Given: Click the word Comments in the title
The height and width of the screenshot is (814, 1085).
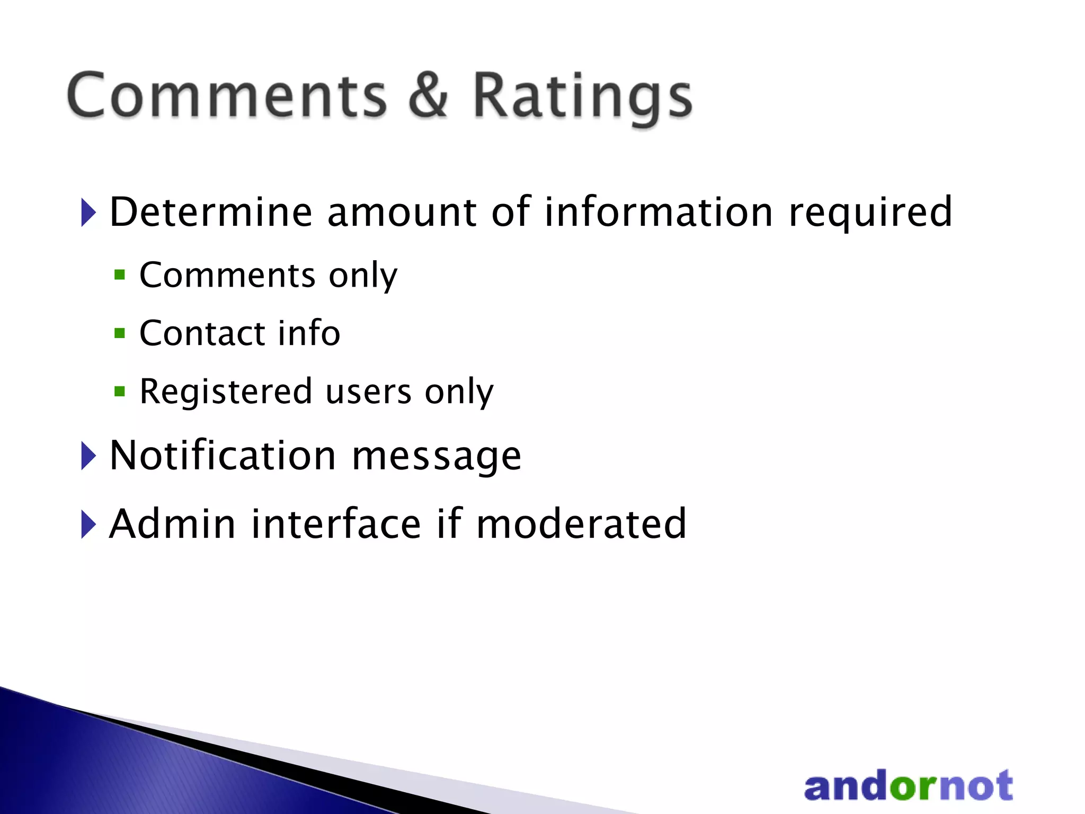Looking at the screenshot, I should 227,95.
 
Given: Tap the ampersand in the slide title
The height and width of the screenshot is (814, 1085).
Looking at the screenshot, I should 428,95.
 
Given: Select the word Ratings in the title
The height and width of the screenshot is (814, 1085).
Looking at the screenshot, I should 582,98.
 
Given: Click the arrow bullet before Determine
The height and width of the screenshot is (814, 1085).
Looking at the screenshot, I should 88,213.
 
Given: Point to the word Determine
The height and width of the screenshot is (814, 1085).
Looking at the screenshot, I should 211,212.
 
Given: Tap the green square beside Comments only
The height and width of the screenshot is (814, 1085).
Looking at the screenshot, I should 120,275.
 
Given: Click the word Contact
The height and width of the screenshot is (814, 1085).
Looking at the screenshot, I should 202,333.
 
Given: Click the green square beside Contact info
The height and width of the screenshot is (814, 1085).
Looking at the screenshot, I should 120,333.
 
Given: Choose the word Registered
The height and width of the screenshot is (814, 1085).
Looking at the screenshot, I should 226,393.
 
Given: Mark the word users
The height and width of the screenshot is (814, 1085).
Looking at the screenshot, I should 369,393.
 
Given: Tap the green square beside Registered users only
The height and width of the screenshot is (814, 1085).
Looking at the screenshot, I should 120,392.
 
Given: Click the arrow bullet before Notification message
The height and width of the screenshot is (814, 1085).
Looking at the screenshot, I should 88,456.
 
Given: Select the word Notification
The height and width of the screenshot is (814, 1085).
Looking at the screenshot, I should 223,456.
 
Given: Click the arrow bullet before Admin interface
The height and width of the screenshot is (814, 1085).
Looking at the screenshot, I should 88,524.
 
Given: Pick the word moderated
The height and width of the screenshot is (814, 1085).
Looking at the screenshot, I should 581,524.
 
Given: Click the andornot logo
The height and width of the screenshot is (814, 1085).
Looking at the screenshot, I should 908,786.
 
